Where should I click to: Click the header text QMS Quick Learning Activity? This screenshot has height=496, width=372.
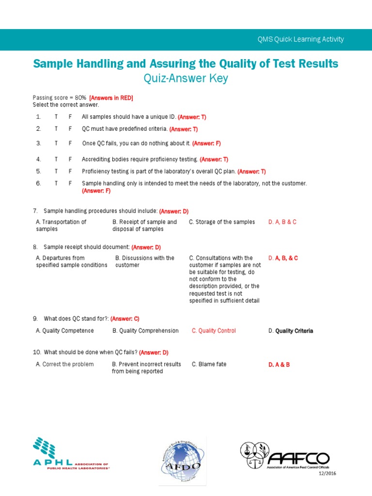[x=300, y=39]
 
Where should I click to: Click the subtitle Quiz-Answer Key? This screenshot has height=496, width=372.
[x=186, y=78]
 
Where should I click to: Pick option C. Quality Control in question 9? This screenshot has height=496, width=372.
[x=214, y=331]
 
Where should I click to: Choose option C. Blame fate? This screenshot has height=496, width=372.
[x=209, y=364]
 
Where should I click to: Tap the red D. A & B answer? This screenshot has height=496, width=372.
[x=279, y=364]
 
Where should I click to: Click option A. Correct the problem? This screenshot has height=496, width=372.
[x=65, y=364]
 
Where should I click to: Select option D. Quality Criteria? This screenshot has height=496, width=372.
[x=291, y=331]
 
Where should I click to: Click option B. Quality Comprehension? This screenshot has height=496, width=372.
[x=145, y=331]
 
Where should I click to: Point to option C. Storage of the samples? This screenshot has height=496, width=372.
[x=222, y=222]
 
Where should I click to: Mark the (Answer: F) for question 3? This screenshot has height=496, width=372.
[x=206, y=143]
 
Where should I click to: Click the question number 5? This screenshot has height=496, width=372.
[x=38, y=171]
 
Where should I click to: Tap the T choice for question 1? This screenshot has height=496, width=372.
[x=56, y=117]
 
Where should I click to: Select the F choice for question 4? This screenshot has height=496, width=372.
[x=70, y=159]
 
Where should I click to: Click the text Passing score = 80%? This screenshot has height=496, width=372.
[x=59, y=98]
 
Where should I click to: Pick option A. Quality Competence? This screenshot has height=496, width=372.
[x=65, y=331]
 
